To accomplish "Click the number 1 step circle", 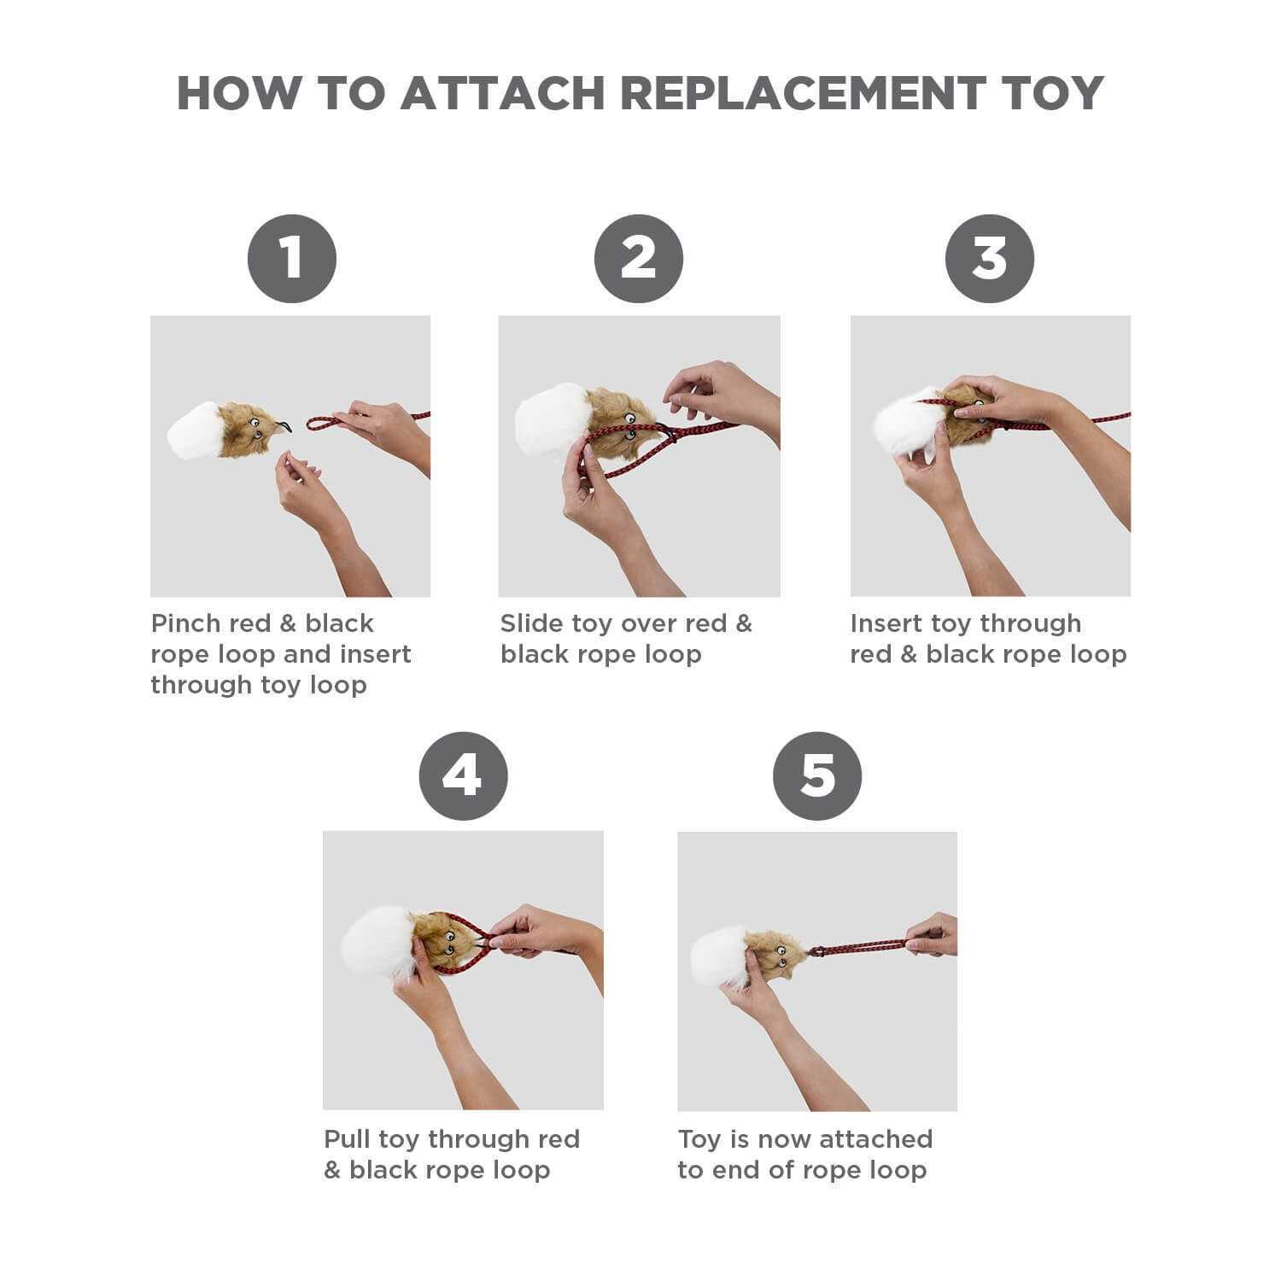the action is [x=292, y=259].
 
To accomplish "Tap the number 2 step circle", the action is [x=639, y=259].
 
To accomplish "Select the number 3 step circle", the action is [x=990, y=259].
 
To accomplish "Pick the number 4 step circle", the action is [x=463, y=776].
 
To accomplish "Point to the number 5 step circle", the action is [x=817, y=776].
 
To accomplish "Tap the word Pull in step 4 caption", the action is [x=347, y=1139].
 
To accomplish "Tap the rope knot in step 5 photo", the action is [x=816, y=951].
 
